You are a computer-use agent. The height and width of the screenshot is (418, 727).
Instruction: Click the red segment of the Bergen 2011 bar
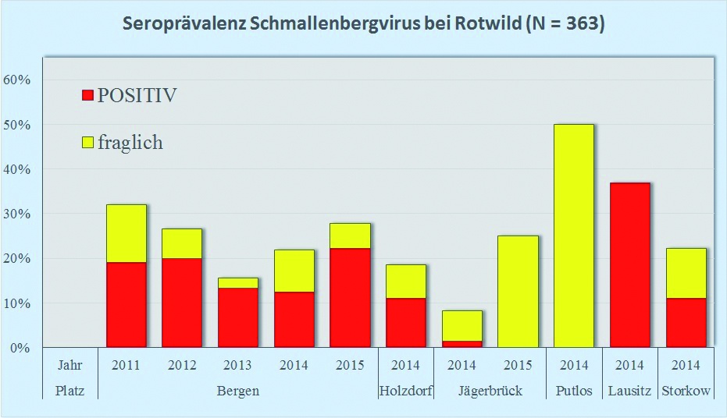click(127, 304)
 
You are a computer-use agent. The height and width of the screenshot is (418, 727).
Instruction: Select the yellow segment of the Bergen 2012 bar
click(182, 243)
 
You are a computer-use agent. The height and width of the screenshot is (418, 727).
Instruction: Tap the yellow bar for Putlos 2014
click(574, 236)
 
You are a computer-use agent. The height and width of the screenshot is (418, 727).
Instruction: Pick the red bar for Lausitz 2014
click(629, 265)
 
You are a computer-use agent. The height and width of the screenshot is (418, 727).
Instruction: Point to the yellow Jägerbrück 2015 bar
click(518, 291)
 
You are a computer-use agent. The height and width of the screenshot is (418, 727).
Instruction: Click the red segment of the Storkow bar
click(686, 322)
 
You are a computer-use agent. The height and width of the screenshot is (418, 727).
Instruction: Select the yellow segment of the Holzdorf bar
click(406, 282)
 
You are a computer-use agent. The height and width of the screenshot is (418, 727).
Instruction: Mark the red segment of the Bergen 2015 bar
click(350, 298)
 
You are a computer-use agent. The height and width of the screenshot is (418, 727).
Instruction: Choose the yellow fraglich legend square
click(87, 143)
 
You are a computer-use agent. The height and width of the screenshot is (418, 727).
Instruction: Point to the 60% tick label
click(17, 80)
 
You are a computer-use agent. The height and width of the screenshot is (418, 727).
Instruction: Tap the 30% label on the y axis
click(17, 214)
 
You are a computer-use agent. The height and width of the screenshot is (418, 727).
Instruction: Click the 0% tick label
click(20, 348)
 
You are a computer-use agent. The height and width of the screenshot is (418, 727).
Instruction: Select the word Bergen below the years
click(237, 391)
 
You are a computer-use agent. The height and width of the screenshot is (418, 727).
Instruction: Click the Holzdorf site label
click(405, 391)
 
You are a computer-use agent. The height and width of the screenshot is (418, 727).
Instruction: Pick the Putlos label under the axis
click(574, 391)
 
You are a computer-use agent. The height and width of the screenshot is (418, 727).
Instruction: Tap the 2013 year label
click(237, 365)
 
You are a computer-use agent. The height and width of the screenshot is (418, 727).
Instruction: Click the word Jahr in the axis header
click(70, 365)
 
